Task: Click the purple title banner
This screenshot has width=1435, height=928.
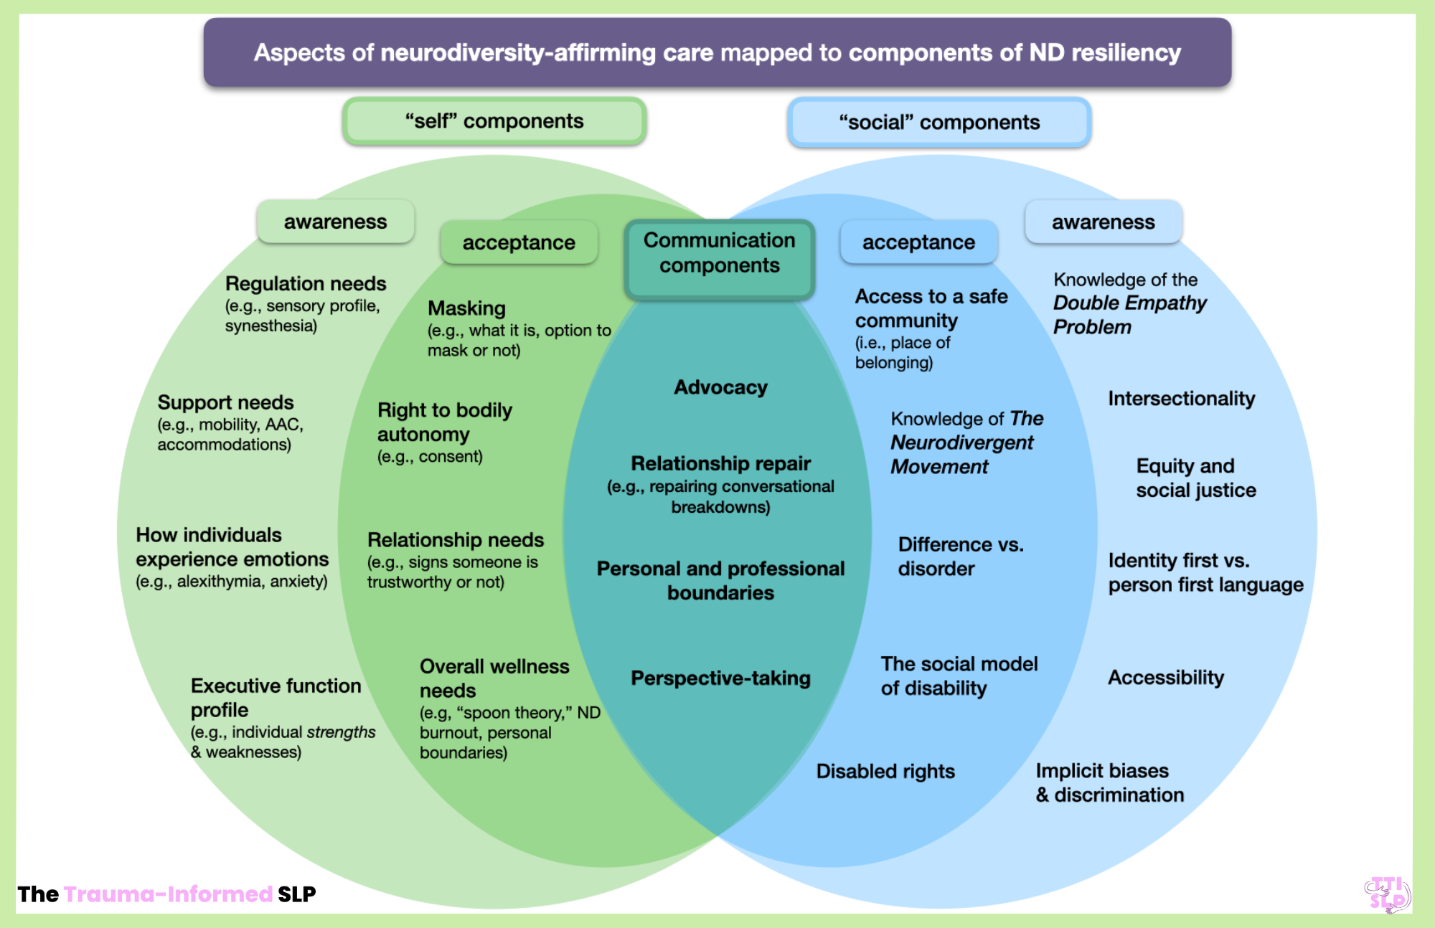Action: click(x=717, y=52)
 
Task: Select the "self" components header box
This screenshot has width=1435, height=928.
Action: click(x=494, y=121)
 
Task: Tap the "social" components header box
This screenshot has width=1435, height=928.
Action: click(x=939, y=123)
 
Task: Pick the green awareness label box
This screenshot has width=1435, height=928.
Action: click(x=335, y=222)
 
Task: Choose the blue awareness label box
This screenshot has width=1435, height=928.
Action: click(x=1103, y=222)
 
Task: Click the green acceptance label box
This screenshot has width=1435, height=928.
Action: click(x=519, y=243)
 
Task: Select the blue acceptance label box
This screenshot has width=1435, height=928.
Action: click(x=918, y=243)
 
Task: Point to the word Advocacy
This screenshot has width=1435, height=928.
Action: click(x=720, y=387)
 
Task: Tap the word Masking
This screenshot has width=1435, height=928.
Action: click(x=466, y=308)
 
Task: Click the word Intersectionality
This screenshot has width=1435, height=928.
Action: click(x=1181, y=399)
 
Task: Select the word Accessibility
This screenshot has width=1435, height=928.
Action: click(x=1166, y=678)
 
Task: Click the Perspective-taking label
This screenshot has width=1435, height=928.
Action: click(x=720, y=678)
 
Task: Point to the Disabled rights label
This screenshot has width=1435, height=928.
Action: click(x=885, y=772)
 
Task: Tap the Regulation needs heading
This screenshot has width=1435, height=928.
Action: click(x=306, y=284)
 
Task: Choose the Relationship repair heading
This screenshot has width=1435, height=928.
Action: click(x=720, y=464)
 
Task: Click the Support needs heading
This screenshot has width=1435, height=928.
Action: click(x=225, y=402)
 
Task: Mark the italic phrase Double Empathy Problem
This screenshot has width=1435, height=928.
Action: click(x=1129, y=315)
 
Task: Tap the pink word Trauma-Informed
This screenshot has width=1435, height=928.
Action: click(x=168, y=894)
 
